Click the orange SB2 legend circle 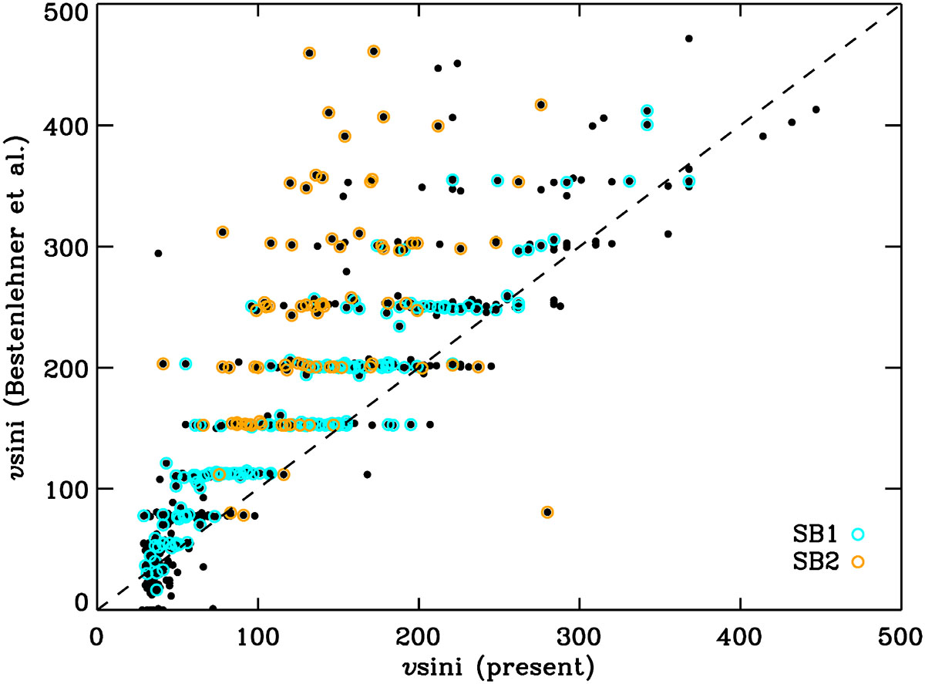point(857,563)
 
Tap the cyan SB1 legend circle point(857,533)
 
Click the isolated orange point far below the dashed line point(547,512)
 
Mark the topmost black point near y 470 point(689,38)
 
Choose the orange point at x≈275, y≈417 point(541,105)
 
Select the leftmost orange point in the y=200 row point(163,363)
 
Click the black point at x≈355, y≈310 point(668,234)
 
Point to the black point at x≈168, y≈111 point(367,474)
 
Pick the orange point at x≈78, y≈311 point(223,232)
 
